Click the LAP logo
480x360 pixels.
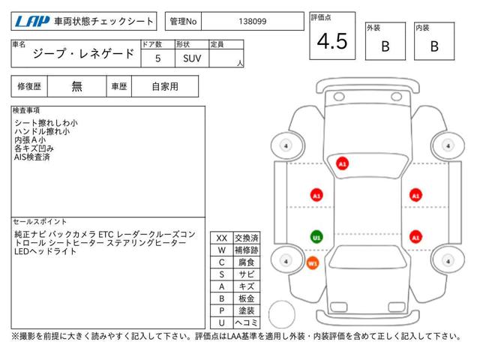tap(32, 21)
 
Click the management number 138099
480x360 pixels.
tap(253, 22)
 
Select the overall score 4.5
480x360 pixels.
tap(332, 41)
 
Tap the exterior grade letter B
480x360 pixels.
tap(385, 46)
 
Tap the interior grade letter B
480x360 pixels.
tap(434, 46)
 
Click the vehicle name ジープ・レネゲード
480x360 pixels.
tap(83, 54)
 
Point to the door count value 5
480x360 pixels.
tap(158, 58)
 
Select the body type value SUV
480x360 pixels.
tap(192, 58)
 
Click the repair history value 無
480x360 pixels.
tap(76, 86)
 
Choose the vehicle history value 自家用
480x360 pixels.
tap(165, 87)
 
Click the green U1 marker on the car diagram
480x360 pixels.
tap(316, 237)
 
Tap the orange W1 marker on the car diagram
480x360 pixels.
tap(312, 263)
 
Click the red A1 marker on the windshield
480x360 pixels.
tap(342, 163)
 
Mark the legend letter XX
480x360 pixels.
tap(222, 238)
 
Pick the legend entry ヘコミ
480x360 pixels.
tap(247, 322)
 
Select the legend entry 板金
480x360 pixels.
tap(247, 298)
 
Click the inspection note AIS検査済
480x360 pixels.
tap(31, 157)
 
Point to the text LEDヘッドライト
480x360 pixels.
tap(45, 251)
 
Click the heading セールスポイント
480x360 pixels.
tap(40, 221)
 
